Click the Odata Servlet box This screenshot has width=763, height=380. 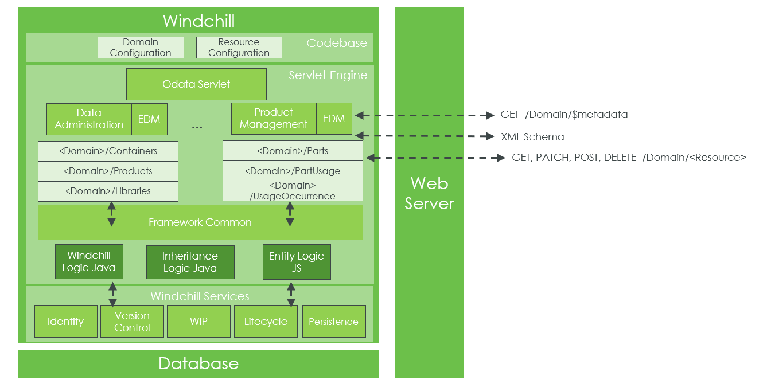click(196, 84)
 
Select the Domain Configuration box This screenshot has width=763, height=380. click(141, 48)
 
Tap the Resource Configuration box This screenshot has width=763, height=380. click(239, 48)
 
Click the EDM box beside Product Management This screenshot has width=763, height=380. click(333, 119)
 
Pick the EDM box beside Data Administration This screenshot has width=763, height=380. click(149, 119)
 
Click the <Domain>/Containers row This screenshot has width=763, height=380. click(108, 151)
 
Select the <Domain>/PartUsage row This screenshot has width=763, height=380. click(293, 171)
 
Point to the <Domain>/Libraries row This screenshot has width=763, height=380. click(108, 191)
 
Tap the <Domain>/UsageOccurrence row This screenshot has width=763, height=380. click(293, 191)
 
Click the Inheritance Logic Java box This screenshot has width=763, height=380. click(190, 262)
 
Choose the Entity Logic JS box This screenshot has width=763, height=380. click(296, 262)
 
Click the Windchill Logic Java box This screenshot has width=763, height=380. click(88, 261)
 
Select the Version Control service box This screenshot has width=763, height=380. click(132, 322)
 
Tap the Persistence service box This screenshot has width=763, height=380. click(333, 322)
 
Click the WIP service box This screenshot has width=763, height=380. click(198, 322)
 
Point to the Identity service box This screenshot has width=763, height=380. click(65, 322)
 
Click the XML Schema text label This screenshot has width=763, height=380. click(532, 137)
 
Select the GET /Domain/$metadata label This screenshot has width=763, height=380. click(564, 115)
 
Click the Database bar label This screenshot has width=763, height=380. click(198, 363)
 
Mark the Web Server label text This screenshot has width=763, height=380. click(429, 193)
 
